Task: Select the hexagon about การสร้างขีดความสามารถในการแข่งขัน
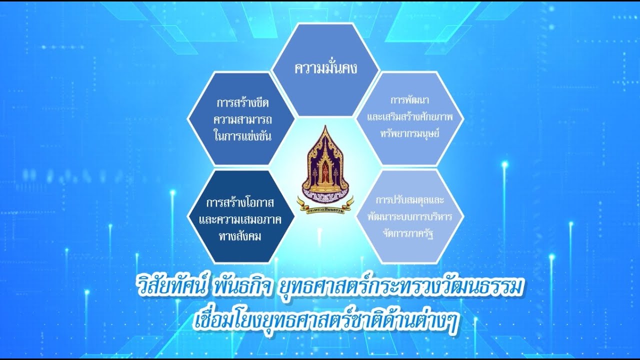click(x=242, y=119)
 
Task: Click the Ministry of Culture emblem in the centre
click(x=325, y=165)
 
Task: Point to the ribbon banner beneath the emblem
click(x=325, y=205)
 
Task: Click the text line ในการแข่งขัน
click(x=242, y=135)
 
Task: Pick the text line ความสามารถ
click(x=242, y=119)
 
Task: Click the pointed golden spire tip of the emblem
click(x=325, y=128)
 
